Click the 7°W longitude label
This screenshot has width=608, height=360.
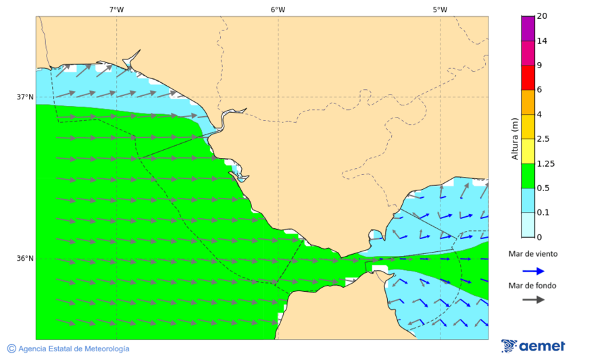(116, 9)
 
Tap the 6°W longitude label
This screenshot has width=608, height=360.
(278, 9)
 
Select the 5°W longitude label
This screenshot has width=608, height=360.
(440, 9)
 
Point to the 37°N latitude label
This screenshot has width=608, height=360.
(25, 97)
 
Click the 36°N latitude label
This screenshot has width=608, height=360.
(25, 259)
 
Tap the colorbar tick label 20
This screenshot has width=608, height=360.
(541, 16)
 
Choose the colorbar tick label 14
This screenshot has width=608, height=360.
(541, 41)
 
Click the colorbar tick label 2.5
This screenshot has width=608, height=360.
(542, 139)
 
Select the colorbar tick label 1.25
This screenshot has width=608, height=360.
(544, 163)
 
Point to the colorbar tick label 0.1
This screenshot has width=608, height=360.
(542, 213)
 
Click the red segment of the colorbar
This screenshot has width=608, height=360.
(528, 77)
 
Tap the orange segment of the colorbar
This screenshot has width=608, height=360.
(528, 102)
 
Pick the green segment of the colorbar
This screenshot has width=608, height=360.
(528, 176)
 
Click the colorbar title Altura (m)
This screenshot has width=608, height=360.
(515, 138)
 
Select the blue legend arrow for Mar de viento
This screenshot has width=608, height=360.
(533, 271)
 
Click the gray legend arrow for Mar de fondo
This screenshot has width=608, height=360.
(533, 299)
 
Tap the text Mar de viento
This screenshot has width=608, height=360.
(533, 254)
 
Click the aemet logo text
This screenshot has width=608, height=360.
(542, 346)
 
